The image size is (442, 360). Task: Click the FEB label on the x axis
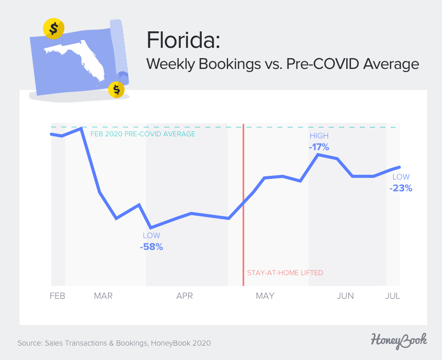click(x=57, y=296)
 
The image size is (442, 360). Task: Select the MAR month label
click(x=103, y=296)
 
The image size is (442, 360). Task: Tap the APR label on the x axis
click(x=184, y=296)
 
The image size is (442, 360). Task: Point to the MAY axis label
click(x=265, y=296)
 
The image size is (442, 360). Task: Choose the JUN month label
click(x=345, y=296)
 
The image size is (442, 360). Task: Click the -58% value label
click(x=151, y=247)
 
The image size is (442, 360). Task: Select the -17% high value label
click(x=319, y=147)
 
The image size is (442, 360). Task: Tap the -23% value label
click(x=401, y=188)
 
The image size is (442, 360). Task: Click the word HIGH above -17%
click(x=319, y=136)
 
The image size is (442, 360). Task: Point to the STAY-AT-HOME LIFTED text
click(x=285, y=273)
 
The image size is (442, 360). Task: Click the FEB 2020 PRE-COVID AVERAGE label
click(x=143, y=134)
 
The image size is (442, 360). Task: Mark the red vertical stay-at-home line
click(x=243, y=206)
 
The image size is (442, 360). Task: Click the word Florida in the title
click(x=183, y=41)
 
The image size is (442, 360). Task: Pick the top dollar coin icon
click(x=54, y=29)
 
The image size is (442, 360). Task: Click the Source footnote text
click(x=114, y=343)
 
